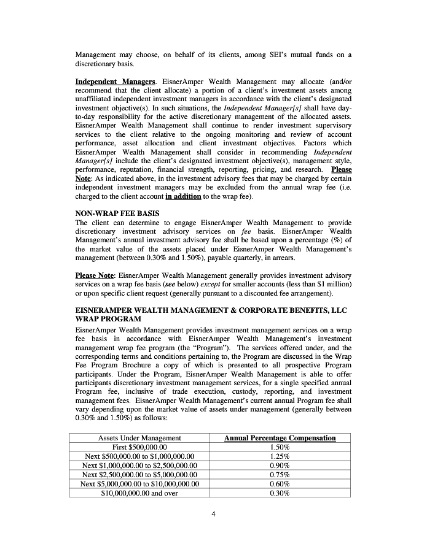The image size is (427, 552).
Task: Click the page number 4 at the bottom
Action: click(213, 513)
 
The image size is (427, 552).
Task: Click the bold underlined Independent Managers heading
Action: click(115, 82)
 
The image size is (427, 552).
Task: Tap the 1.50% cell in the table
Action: click(280, 448)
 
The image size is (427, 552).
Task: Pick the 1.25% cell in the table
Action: click(280, 457)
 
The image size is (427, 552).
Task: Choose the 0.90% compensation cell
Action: click(280, 466)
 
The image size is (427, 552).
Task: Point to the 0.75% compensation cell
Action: click(280, 475)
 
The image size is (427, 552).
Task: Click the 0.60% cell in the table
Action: click(280, 483)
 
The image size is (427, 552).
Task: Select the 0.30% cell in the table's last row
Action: click(280, 493)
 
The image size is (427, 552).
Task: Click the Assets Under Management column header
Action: click(139, 438)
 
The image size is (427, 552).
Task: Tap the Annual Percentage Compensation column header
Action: click(280, 438)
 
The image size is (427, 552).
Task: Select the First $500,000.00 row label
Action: click(139, 448)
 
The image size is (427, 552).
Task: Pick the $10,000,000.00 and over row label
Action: click(139, 493)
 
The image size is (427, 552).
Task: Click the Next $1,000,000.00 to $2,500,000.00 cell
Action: click(139, 466)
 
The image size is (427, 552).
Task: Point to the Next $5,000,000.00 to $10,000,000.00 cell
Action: click(139, 483)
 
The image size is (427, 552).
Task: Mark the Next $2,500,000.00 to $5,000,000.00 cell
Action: click(139, 475)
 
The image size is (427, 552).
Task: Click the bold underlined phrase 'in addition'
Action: click(183, 196)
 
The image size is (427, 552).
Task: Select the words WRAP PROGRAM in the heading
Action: click(108, 319)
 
